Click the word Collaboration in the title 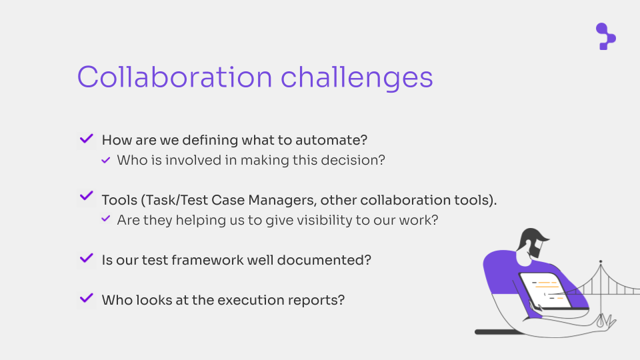tap(175, 77)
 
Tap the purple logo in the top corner tap(606, 36)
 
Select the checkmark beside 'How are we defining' tap(87, 139)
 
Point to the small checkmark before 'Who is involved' tap(106, 160)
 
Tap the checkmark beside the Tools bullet tap(87, 195)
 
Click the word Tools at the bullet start tap(119, 200)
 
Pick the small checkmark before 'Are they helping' tap(106, 219)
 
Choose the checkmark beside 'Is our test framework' tap(87, 258)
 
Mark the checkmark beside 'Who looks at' tap(87, 298)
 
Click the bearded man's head tap(532, 243)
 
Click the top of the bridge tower tap(601, 261)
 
